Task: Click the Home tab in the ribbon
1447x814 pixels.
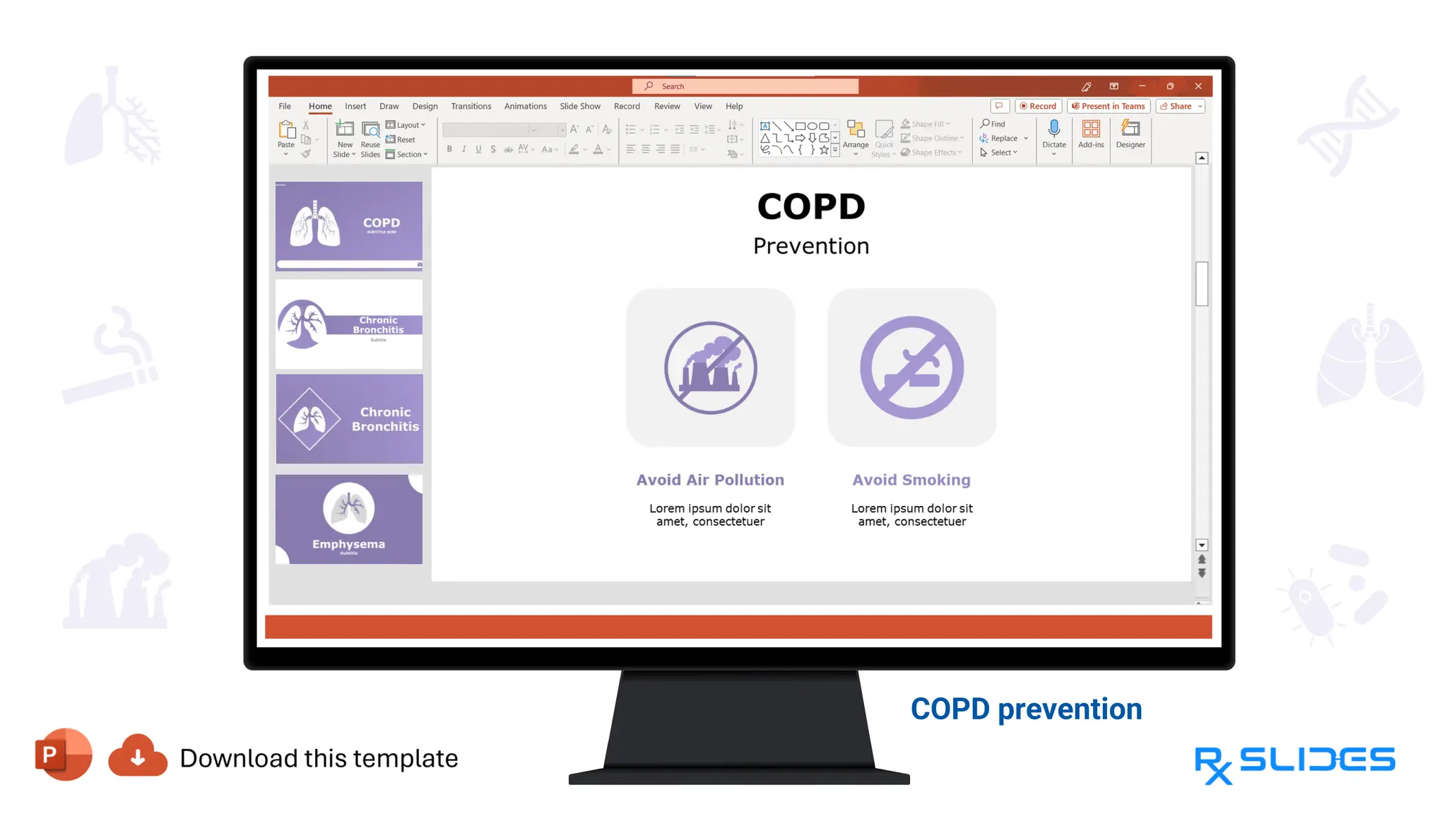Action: click(320, 106)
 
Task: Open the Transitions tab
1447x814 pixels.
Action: click(471, 106)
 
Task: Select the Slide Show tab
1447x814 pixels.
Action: click(580, 106)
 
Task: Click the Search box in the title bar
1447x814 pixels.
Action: click(745, 86)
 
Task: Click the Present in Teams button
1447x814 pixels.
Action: click(1109, 106)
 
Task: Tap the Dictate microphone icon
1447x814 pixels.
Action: click(1053, 129)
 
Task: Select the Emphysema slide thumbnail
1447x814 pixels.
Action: click(349, 519)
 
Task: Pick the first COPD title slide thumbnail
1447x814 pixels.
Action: click(349, 226)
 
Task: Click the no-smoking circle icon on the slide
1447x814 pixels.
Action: click(911, 367)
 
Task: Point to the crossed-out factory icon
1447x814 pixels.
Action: click(710, 367)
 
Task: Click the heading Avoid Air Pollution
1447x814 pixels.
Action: click(710, 480)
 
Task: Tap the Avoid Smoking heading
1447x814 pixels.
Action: click(911, 480)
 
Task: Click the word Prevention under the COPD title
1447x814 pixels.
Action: click(811, 246)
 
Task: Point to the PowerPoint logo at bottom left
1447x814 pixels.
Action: click(63, 754)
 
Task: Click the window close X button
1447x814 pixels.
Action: click(1198, 86)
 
